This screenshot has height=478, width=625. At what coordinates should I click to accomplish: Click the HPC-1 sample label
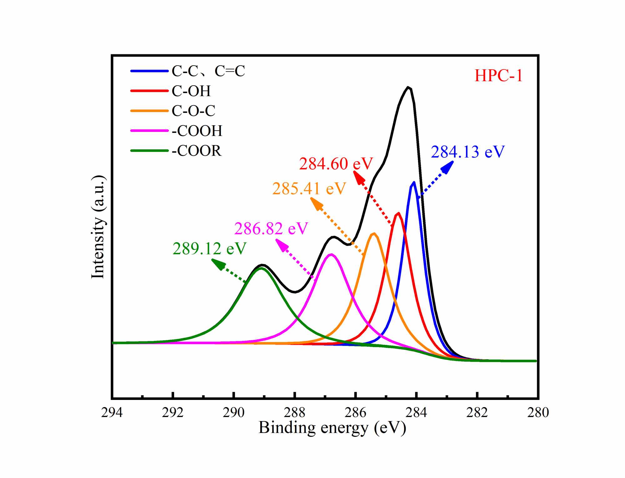point(498,76)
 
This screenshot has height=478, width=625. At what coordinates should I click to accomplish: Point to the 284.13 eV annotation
point(467,152)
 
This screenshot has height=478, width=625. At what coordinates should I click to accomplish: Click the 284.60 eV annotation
point(336,164)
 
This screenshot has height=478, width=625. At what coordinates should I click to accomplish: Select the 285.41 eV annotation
point(309,188)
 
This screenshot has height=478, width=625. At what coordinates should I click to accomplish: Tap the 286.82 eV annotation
point(271,228)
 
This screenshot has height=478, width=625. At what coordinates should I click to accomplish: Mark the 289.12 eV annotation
point(209,249)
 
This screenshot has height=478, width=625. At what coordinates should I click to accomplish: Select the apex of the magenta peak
point(331,254)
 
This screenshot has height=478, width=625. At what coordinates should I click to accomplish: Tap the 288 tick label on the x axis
point(294,412)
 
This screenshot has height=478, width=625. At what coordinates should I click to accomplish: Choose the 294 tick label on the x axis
point(112,412)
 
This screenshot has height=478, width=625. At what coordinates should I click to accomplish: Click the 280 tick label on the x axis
point(538,412)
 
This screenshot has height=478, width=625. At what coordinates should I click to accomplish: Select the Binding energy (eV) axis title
point(332,428)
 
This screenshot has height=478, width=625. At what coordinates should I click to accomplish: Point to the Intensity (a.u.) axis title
point(98,227)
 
